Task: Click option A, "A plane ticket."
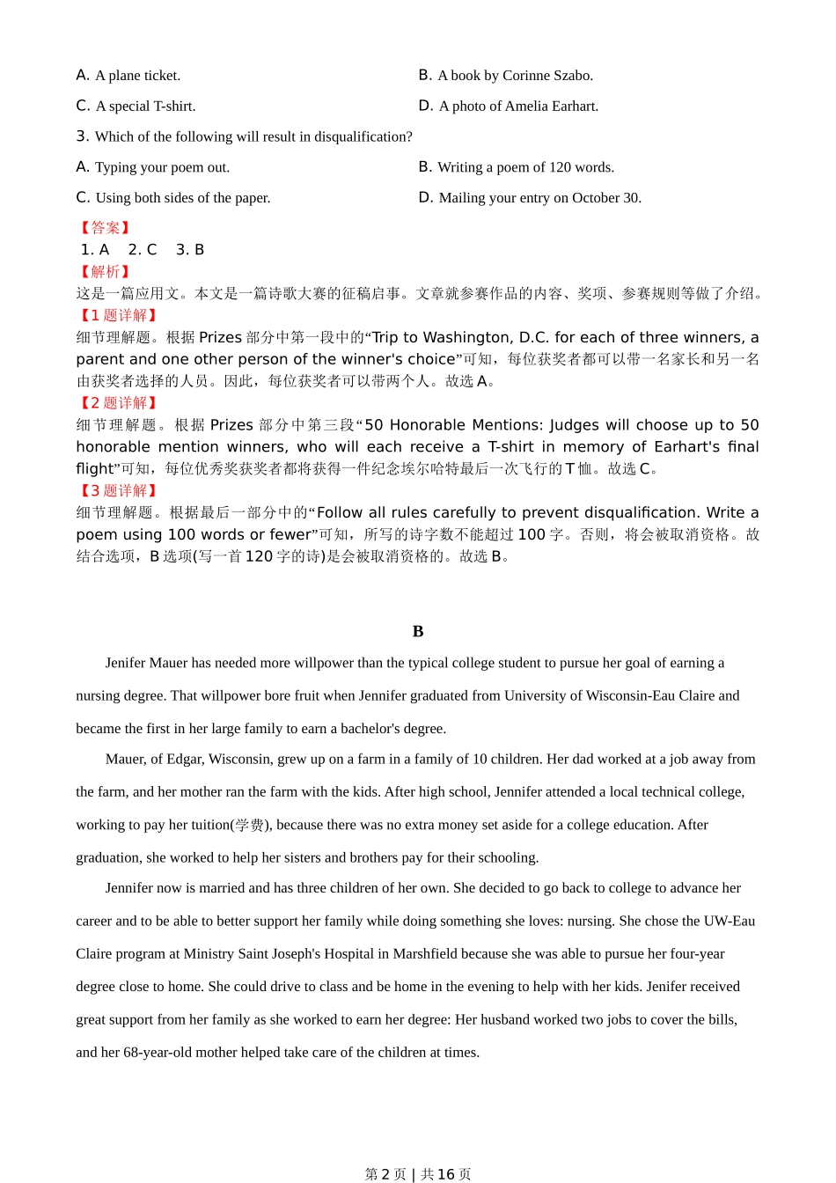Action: (128, 76)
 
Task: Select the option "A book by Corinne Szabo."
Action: (506, 76)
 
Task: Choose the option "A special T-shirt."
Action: (136, 107)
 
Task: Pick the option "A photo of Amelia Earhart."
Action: (509, 107)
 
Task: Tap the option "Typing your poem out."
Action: (153, 167)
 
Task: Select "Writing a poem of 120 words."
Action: (517, 167)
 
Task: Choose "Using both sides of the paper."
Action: (173, 198)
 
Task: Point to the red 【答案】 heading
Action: (105, 228)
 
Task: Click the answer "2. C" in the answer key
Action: (143, 250)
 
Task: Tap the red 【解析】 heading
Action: (105, 272)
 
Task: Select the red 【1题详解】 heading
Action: (118, 315)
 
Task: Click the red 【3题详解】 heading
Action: (118, 491)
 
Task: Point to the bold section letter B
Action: (418, 631)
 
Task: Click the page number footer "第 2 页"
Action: (385, 1174)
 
